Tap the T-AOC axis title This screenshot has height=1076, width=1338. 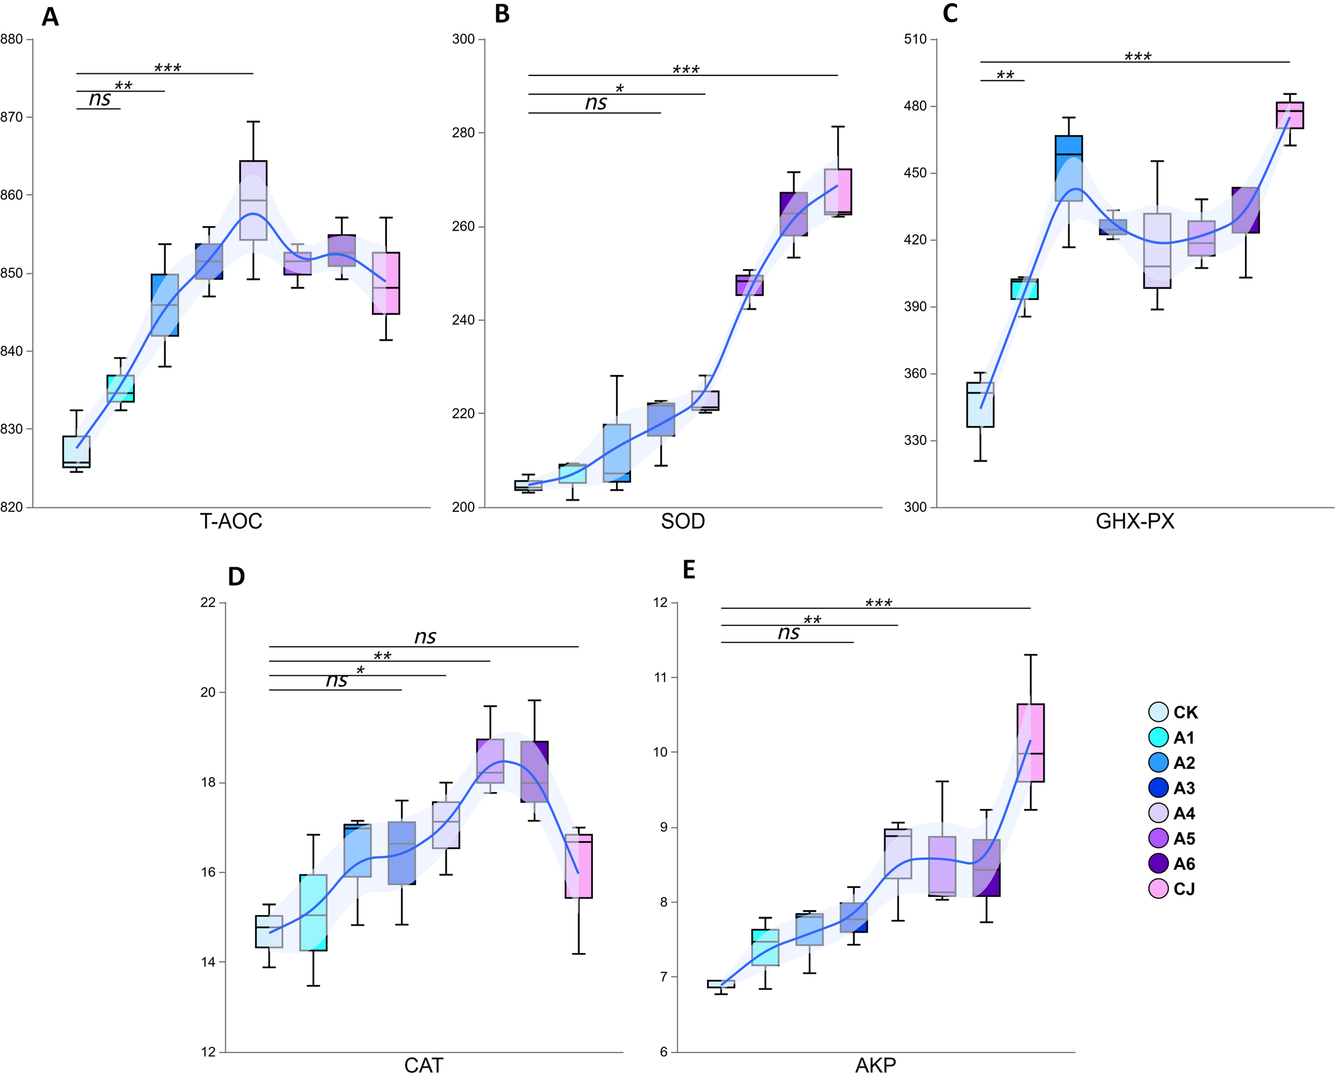tap(231, 521)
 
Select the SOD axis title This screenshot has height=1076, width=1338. tap(683, 521)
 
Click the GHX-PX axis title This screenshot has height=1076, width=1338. tap(1135, 521)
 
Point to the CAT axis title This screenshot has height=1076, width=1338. tap(423, 1065)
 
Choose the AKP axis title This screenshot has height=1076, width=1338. tap(875, 1065)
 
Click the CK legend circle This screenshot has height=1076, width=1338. tap(1159, 712)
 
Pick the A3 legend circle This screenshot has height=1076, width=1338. tap(1159, 788)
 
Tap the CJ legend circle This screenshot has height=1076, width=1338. tap(1159, 889)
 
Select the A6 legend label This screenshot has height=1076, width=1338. tap(1184, 863)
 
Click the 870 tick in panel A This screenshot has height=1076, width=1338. tap(11, 117)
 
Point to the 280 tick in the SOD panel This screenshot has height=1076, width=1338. tap(463, 133)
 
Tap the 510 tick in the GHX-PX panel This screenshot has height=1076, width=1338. tap(915, 39)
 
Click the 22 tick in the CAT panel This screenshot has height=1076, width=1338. tap(208, 602)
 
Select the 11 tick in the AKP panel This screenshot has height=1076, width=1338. tap(660, 677)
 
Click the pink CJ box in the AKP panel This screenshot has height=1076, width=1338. tap(1030, 742)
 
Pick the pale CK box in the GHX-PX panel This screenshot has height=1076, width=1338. tap(980, 405)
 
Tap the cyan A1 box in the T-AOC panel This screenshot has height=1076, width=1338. tap(120, 388)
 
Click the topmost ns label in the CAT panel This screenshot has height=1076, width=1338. tap(425, 637)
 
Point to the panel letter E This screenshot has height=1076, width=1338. tap(689, 570)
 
